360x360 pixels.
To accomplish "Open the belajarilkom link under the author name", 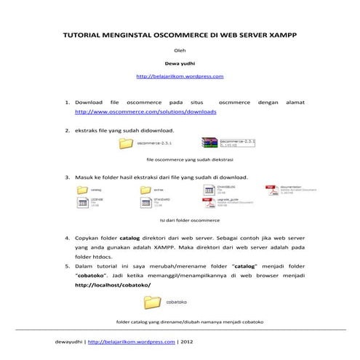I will pos(179,75).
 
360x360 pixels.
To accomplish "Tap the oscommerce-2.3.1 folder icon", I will pos(127,144).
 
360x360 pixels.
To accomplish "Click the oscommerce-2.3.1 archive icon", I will pos(209,143).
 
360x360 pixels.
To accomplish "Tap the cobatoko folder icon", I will pos(153,301).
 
